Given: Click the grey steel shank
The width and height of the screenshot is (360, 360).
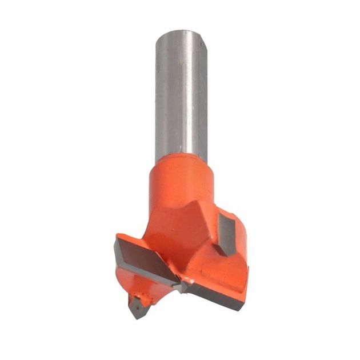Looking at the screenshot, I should pyautogui.click(x=178, y=97).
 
